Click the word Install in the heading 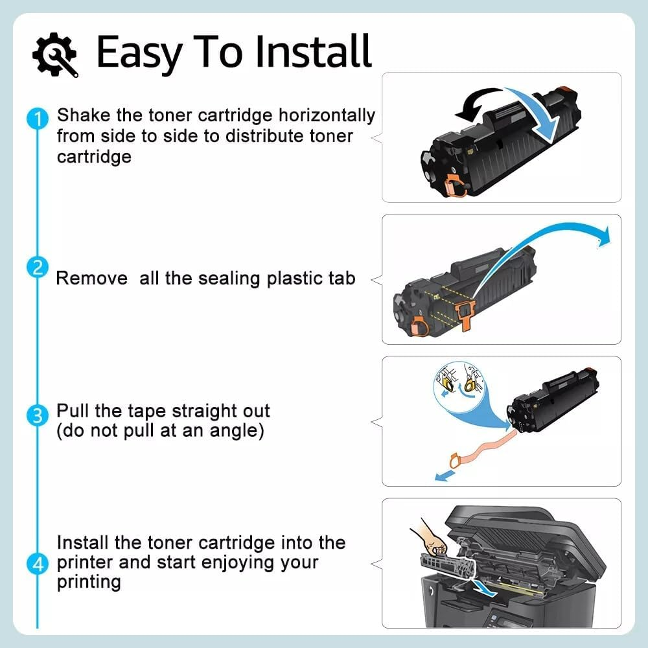314,52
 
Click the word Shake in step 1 82,115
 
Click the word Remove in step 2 91,279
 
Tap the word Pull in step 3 71,411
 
